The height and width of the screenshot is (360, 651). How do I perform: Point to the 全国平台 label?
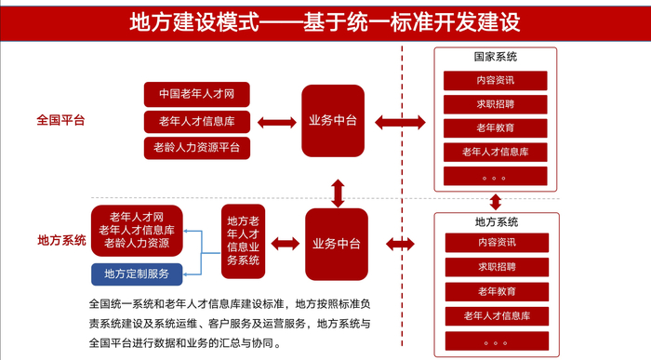61,120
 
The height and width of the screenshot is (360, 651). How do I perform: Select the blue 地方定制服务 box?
137,273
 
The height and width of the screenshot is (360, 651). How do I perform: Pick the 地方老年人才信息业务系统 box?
242,241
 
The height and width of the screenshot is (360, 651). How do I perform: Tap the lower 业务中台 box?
337,244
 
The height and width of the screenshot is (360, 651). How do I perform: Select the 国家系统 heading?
495,58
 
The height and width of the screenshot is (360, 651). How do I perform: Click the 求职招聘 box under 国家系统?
495,104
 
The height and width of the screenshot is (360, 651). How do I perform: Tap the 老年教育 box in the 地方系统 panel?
495,292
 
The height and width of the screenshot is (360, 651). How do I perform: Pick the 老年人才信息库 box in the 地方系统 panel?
495,316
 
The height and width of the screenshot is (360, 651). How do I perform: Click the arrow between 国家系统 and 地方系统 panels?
495,201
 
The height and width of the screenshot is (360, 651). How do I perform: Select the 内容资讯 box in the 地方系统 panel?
495,243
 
